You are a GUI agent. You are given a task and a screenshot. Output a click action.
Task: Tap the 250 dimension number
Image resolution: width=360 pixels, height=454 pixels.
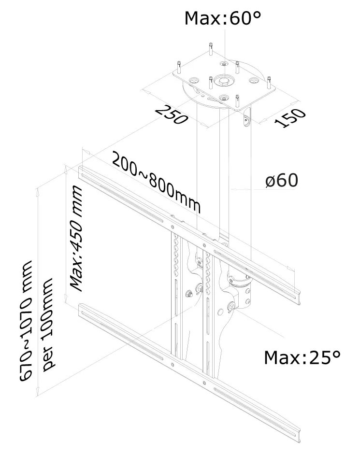tap(171, 114)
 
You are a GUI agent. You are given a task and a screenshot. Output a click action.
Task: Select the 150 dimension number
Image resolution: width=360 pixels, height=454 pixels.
tap(290, 119)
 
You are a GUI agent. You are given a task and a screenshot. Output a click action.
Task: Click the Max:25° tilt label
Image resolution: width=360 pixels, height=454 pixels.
tap(302, 358)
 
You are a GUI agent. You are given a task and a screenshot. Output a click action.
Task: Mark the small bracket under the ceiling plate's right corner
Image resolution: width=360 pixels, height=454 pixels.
tap(247, 118)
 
